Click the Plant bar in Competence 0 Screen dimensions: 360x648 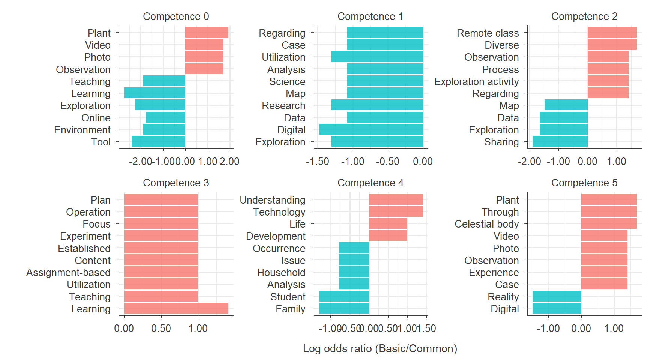[207, 33]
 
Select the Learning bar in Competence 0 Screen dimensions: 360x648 [154, 93]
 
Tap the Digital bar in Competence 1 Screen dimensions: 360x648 [371, 129]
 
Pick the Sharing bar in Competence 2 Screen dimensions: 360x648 [560, 141]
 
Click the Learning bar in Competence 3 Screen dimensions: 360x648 [176, 308]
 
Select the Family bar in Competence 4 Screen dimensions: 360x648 [344, 308]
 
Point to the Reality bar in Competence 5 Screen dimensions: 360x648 [556, 296]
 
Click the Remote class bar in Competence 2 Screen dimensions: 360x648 [612, 33]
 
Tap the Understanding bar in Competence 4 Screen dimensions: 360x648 [396, 199]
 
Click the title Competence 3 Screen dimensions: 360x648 [176, 183]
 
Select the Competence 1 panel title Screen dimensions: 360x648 [370, 16]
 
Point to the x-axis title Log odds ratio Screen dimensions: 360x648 [380, 348]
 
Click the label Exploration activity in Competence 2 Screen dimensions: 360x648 [476, 81]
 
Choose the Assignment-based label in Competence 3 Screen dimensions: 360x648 [68, 272]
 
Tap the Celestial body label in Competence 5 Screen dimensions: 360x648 [486, 224]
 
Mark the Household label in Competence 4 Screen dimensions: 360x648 [281, 272]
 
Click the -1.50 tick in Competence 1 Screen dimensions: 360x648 [317, 162]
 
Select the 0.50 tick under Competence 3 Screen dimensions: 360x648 [161, 328]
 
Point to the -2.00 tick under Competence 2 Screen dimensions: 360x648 [529, 162]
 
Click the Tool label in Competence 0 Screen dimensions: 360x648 [101, 142]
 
